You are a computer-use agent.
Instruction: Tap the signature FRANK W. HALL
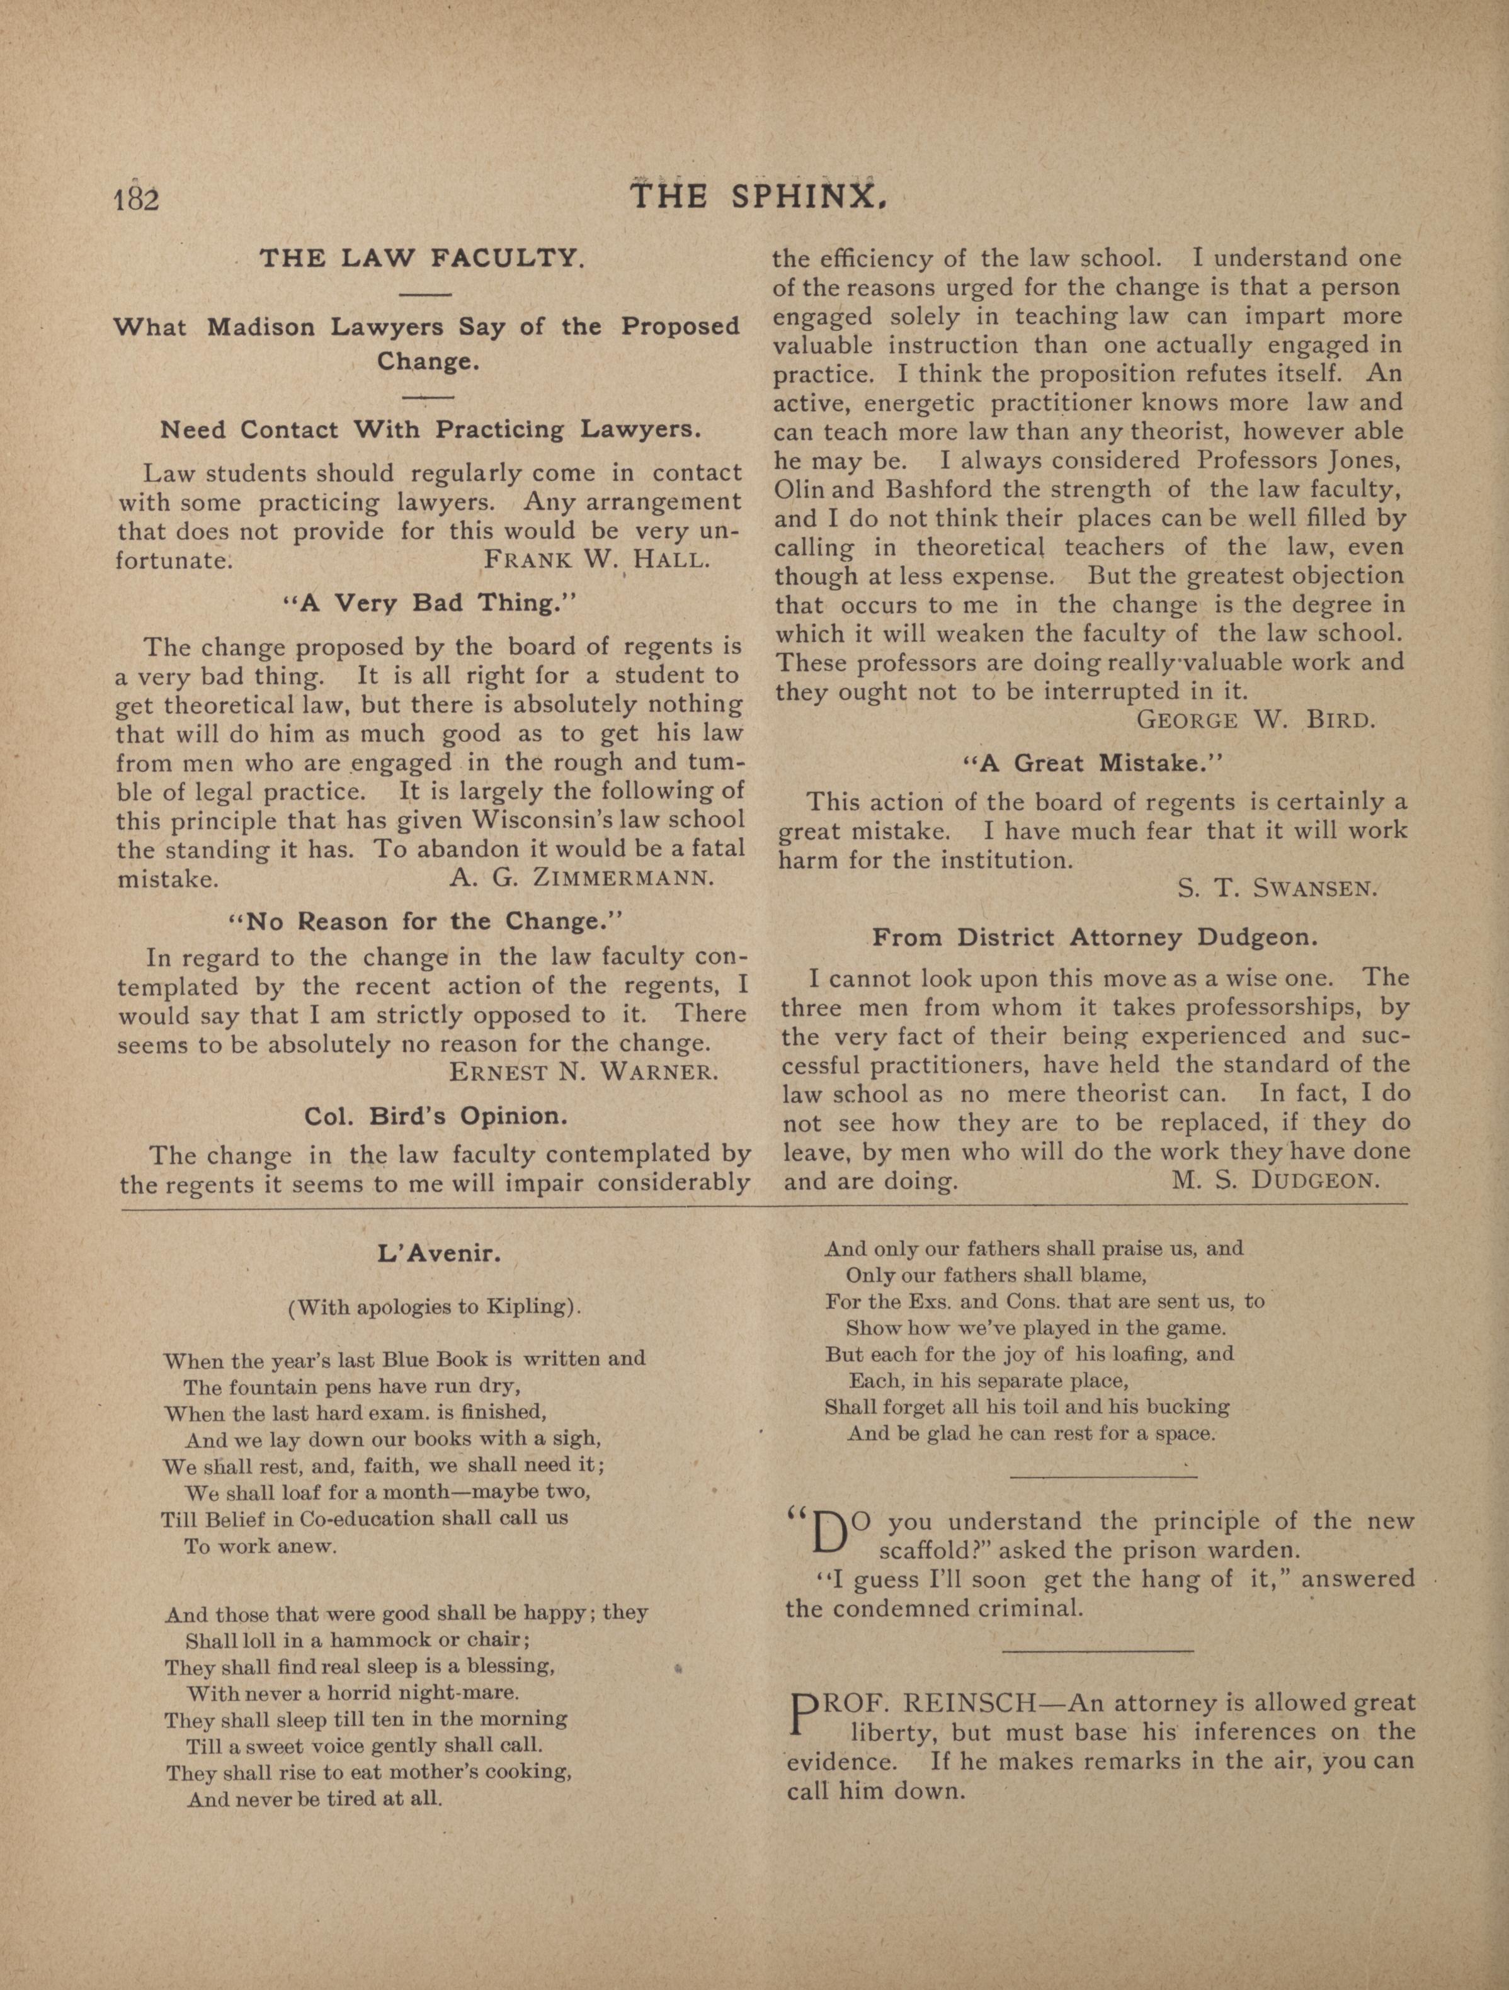(596, 560)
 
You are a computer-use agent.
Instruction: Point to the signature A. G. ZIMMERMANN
(581, 878)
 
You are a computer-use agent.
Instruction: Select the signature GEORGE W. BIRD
(1256, 720)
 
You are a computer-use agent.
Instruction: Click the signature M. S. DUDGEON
(1275, 1179)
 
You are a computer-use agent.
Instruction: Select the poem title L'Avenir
(439, 1252)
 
